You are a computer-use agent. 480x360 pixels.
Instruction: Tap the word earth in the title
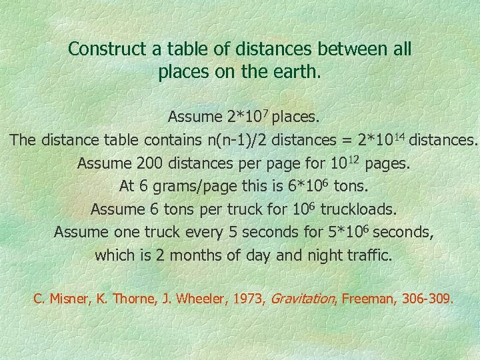coord(298,72)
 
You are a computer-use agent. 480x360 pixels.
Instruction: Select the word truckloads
coord(355,209)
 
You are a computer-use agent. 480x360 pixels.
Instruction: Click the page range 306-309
coord(428,299)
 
